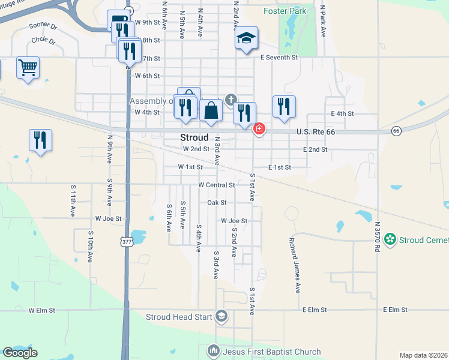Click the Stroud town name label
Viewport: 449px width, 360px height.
194,137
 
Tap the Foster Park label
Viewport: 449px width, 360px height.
285,11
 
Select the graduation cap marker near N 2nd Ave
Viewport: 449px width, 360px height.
246,38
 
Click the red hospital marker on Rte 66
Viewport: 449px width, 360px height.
259,128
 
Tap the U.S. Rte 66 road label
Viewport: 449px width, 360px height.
318,131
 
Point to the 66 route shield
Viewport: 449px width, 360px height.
396,131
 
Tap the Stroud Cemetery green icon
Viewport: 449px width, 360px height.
391,240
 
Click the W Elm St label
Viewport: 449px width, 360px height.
41,310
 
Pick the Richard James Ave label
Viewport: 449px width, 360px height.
294,265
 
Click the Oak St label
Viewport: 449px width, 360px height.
216,203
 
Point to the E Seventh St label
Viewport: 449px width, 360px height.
279,58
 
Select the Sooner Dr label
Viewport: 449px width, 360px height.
43,28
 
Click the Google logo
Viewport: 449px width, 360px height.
20,352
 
